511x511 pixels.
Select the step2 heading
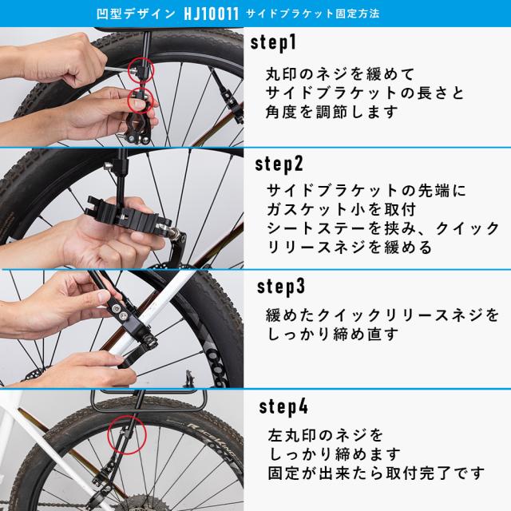[279, 165]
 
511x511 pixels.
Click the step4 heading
[283, 407]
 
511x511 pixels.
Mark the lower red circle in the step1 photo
[141, 102]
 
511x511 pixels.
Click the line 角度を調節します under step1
[332, 113]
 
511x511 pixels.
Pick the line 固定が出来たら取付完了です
[375, 473]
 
